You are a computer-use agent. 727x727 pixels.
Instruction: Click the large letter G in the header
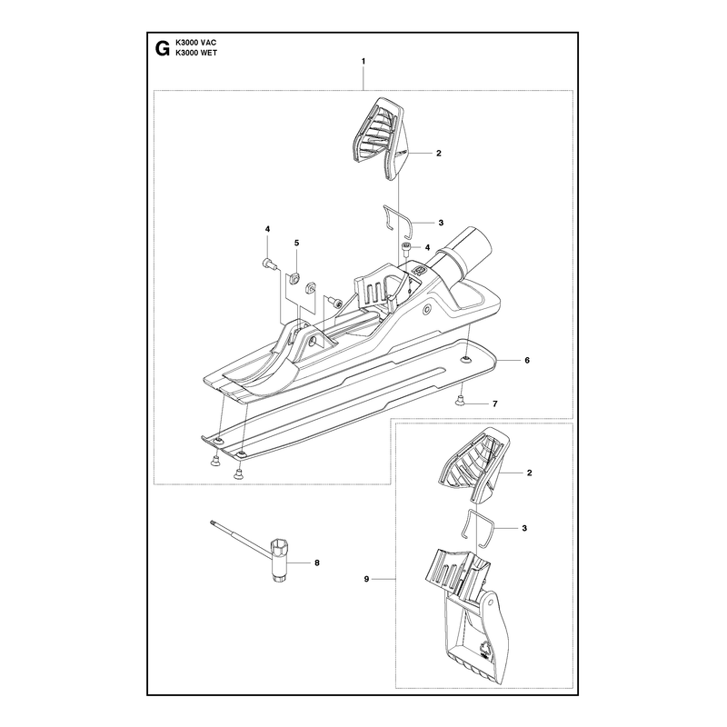[162, 48]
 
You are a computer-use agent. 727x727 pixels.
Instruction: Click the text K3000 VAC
[195, 43]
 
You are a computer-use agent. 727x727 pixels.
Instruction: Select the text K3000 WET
[196, 53]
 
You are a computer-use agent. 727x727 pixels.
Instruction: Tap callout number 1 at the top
[363, 61]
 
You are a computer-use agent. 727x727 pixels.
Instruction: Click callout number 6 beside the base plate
[527, 360]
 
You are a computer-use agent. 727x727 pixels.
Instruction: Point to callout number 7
[495, 403]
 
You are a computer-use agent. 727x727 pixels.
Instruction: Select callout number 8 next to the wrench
[317, 563]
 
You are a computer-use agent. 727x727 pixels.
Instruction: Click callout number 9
[366, 579]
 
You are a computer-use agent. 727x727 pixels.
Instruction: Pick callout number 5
[297, 243]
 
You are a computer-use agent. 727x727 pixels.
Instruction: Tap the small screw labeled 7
[461, 400]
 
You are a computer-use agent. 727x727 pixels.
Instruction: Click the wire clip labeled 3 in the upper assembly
[397, 218]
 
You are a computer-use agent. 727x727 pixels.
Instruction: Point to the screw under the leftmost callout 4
[269, 264]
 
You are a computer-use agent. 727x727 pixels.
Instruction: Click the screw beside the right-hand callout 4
[406, 247]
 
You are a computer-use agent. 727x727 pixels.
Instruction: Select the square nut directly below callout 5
[293, 279]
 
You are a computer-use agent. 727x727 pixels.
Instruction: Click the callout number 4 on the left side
[267, 229]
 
